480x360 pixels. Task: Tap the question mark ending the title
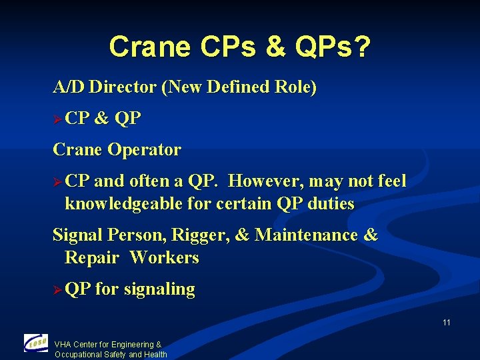tap(363, 47)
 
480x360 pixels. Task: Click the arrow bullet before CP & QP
tap(58, 119)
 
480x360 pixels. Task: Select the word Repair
tap(91, 257)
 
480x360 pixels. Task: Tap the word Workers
tap(165, 257)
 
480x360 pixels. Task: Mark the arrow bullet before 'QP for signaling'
tap(58, 290)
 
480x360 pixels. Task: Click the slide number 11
tap(446, 323)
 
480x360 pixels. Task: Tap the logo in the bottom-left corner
tap(36, 343)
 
